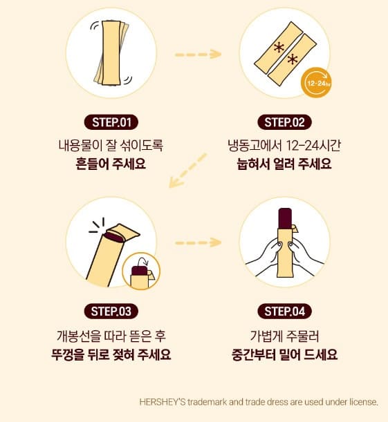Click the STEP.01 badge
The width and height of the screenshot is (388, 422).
click(x=111, y=122)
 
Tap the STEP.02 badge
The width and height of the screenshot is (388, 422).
click(x=284, y=122)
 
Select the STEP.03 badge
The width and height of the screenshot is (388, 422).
click(x=111, y=311)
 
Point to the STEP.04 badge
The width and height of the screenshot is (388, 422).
click(x=284, y=311)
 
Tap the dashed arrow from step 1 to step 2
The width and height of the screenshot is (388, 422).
click(x=198, y=55)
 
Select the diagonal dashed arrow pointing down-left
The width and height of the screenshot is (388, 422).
click(x=187, y=170)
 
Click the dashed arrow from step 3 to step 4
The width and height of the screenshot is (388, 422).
click(x=198, y=242)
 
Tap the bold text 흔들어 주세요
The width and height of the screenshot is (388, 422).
click(x=111, y=164)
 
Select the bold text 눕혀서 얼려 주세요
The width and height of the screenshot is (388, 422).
click(x=284, y=164)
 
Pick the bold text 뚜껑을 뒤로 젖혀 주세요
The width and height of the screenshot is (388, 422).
click(x=111, y=354)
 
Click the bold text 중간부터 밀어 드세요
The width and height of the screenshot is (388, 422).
click(x=284, y=354)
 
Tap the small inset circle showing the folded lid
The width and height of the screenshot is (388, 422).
click(x=141, y=271)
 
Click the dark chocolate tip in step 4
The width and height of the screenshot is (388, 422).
click(x=285, y=218)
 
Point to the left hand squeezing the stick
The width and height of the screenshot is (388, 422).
click(x=266, y=258)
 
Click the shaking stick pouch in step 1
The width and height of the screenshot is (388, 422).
click(x=111, y=53)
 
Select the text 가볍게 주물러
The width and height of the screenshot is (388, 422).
click(x=284, y=336)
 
